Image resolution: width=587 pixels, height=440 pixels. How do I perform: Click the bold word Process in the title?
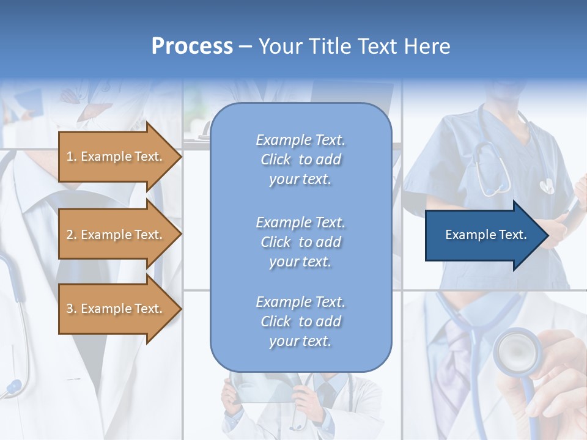click(x=192, y=46)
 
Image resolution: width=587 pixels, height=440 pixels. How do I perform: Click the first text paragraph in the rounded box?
click(x=300, y=159)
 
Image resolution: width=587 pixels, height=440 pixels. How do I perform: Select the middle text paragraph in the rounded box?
click(x=300, y=242)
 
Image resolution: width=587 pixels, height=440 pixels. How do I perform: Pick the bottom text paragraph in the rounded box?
click(x=300, y=321)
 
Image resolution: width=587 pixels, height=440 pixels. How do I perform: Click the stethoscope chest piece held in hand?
click(x=517, y=351)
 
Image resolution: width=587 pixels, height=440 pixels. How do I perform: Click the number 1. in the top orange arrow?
click(x=72, y=156)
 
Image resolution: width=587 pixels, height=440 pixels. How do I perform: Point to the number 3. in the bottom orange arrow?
click(x=72, y=309)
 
